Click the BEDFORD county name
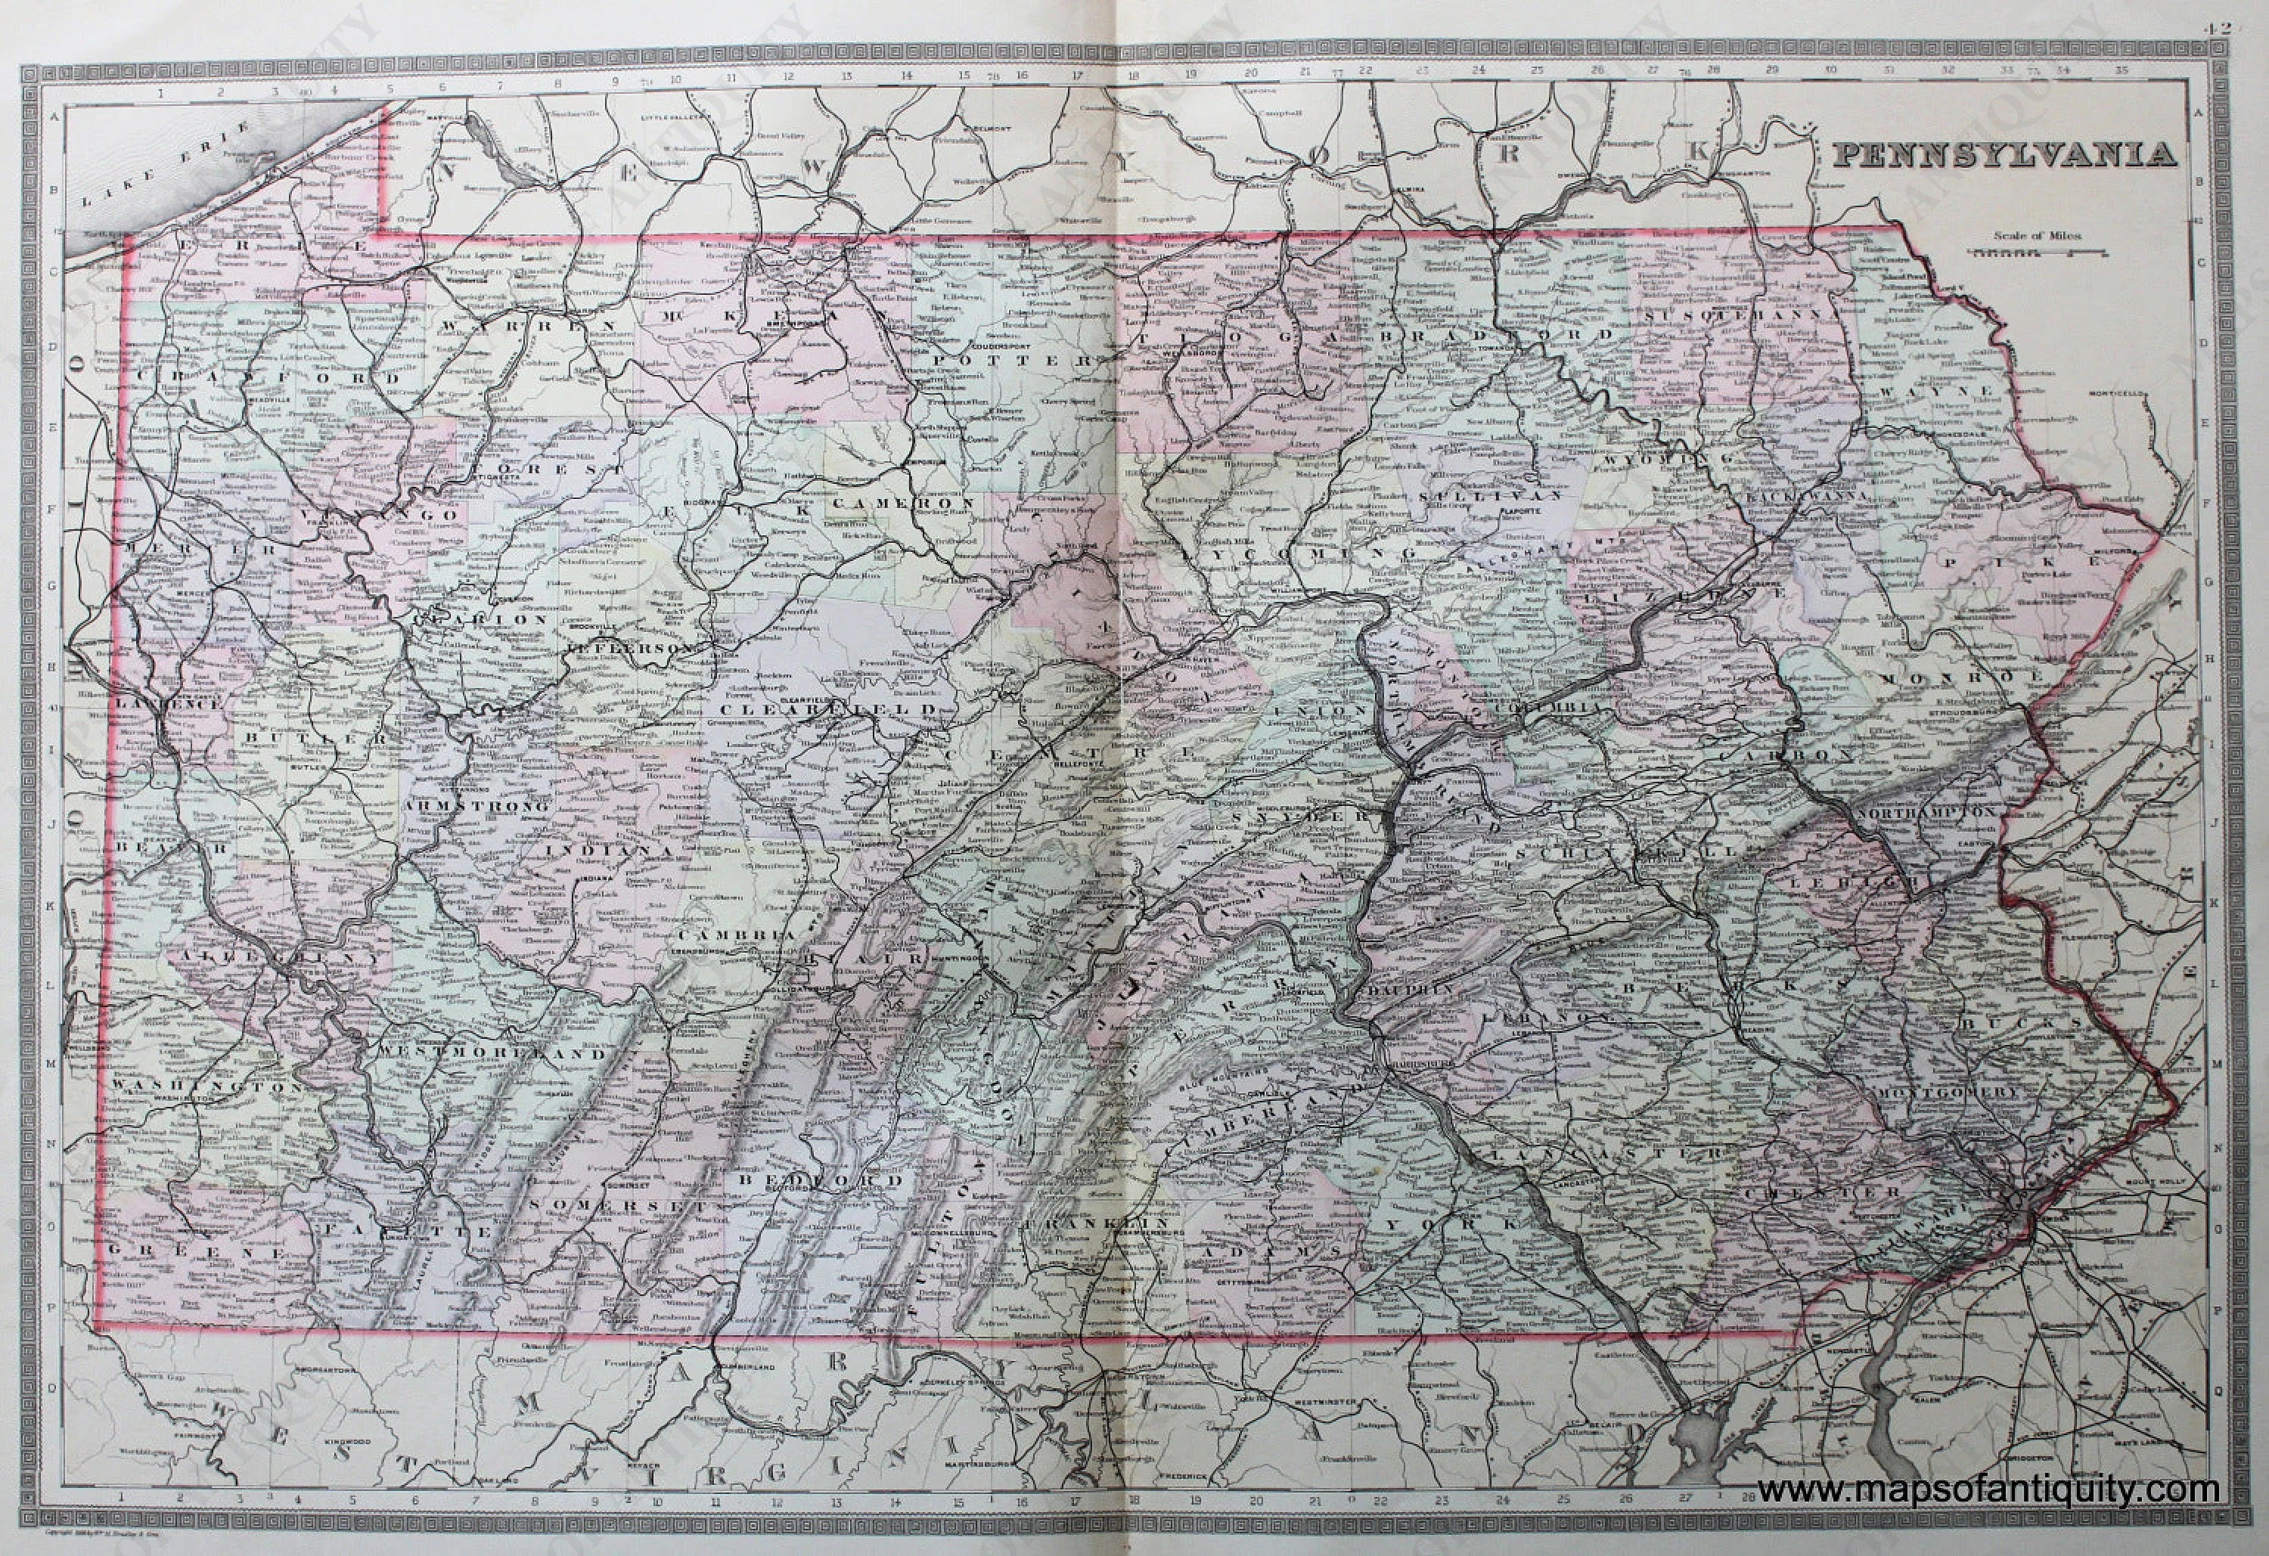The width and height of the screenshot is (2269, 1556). [x=819, y=1180]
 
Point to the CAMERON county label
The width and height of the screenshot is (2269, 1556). [x=905, y=504]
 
